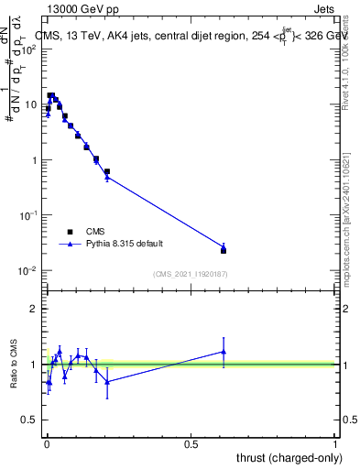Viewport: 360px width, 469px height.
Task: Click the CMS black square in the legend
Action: click(68, 232)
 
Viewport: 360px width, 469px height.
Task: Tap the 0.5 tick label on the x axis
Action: click(191, 444)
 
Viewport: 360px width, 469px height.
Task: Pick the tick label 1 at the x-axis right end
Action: click(335, 444)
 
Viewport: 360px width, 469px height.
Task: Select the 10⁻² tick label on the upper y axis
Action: click(27, 270)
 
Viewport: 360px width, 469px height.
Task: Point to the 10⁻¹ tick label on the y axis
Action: click(27, 215)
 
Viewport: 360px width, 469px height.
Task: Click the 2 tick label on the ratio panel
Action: click(33, 309)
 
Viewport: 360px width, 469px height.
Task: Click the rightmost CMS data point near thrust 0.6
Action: click(224, 250)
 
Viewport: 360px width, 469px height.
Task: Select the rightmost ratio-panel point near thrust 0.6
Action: click(224, 351)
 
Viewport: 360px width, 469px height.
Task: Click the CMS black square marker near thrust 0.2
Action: click(107, 171)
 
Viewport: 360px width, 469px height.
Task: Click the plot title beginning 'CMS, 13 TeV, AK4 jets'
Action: click(183, 35)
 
